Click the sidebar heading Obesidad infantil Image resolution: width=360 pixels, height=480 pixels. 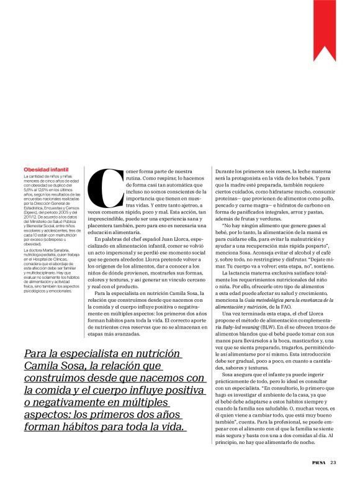[46, 169]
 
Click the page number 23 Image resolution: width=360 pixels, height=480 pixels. [333, 462]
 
